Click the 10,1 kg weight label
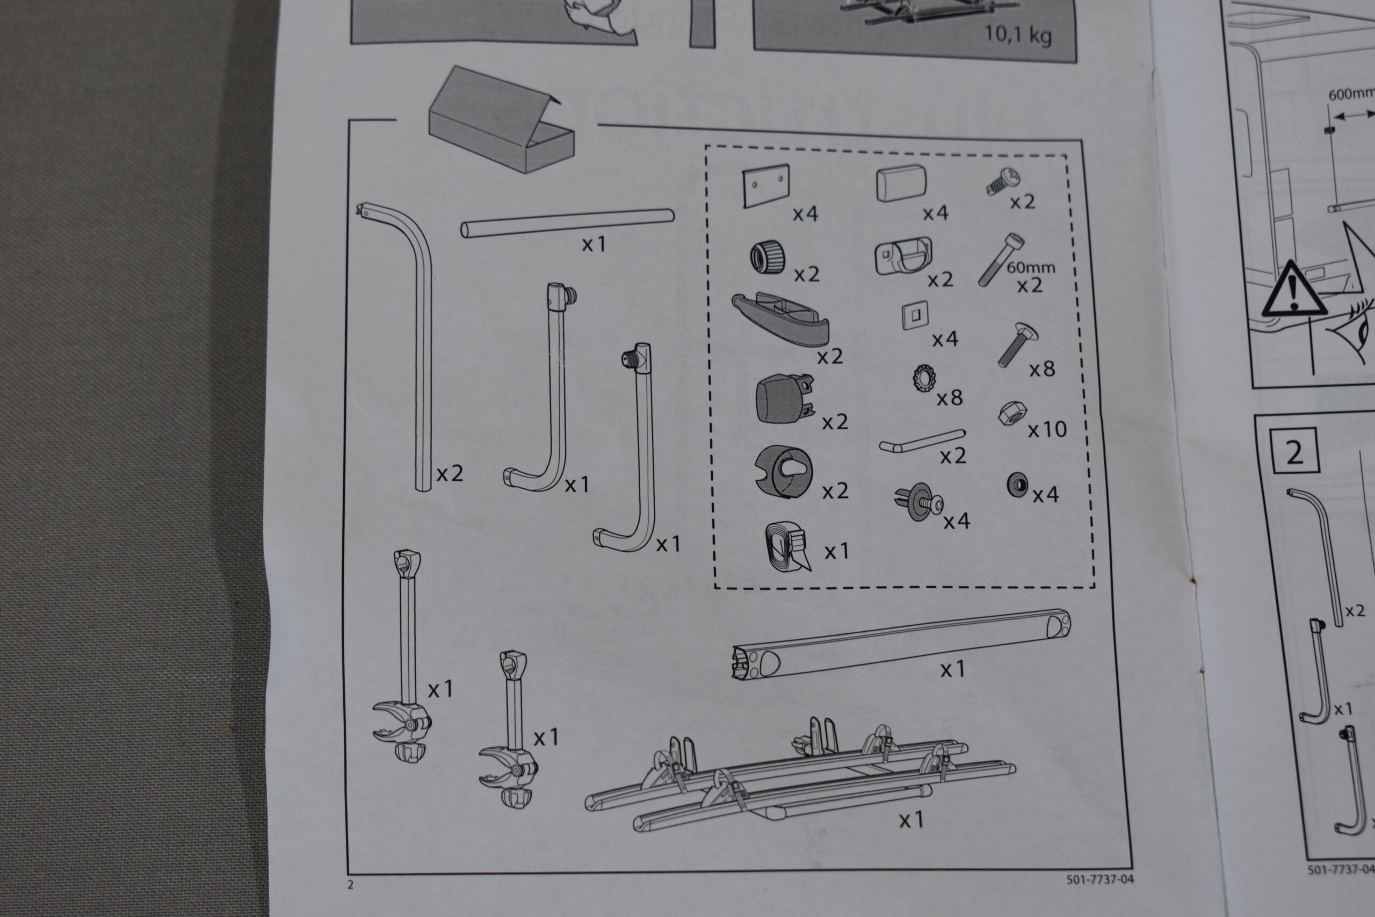tap(1018, 34)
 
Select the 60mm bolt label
tap(1031, 268)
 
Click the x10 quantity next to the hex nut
tap(1047, 430)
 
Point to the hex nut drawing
tap(1010, 413)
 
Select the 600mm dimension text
tap(1351, 110)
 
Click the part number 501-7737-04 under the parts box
tap(1099, 878)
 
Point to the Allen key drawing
tap(922, 440)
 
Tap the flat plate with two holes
tap(766, 185)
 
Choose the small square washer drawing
tap(915, 316)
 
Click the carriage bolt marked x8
tap(1014, 344)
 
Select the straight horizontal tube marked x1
tap(567, 223)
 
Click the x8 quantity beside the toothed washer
tap(950, 398)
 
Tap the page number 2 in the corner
tap(351, 885)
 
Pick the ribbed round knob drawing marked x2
tap(768, 258)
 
